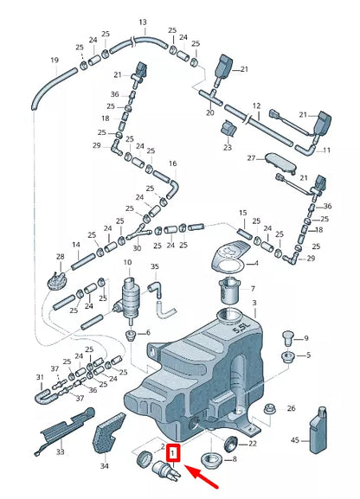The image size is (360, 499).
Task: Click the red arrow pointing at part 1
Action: [x=202, y=477]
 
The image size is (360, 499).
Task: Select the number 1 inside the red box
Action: [x=173, y=453]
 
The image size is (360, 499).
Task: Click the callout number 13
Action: [x=143, y=22]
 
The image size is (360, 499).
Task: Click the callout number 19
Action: [x=55, y=60]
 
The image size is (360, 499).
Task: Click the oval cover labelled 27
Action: [x=279, y=163]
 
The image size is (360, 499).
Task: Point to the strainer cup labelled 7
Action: [x=229, y=291]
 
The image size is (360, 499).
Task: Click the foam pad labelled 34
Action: [x=108, y=435]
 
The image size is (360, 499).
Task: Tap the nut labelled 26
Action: [x=269, y=411]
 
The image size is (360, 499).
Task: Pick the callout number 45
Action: [x=295, y=440]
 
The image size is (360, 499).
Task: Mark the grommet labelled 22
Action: [x=231, y=444]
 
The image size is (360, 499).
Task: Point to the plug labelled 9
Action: [x=287, y=337]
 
